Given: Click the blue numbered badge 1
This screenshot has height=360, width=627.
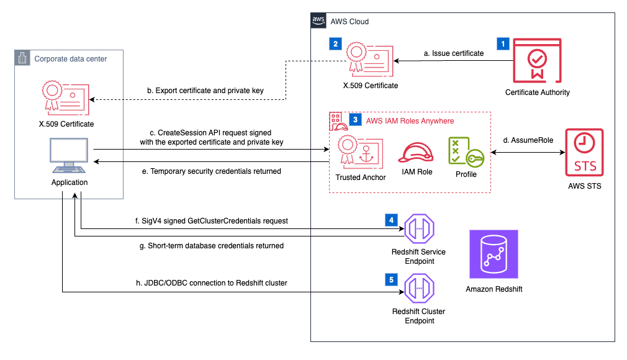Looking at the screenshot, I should point(502,44).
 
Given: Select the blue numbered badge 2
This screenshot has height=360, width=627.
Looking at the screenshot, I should point(335,44).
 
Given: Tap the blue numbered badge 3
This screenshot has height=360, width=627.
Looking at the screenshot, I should point(355,120).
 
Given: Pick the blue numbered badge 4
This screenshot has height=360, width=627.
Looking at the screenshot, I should point(390,220).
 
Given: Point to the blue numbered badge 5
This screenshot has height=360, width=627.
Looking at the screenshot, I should point(390,280).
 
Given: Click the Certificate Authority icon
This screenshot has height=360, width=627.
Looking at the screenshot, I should point(537,61).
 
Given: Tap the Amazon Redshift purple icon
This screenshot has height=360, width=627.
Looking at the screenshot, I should point(494,254).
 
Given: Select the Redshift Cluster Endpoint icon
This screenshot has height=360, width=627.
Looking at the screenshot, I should point(419,289).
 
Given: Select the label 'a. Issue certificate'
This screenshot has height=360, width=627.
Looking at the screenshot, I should point(454,53).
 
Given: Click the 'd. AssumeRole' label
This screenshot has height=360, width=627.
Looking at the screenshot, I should point(527,140).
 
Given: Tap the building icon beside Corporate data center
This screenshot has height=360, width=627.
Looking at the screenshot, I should point(22,58).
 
